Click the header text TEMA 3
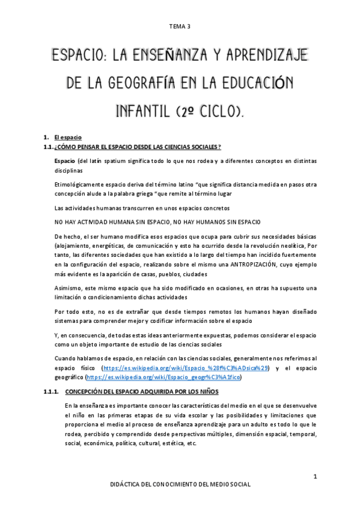pos(180,26)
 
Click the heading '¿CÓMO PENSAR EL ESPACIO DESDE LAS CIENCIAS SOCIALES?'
pos(138,147)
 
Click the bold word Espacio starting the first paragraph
pos(64,162)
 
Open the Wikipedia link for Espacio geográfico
pos(164,377)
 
